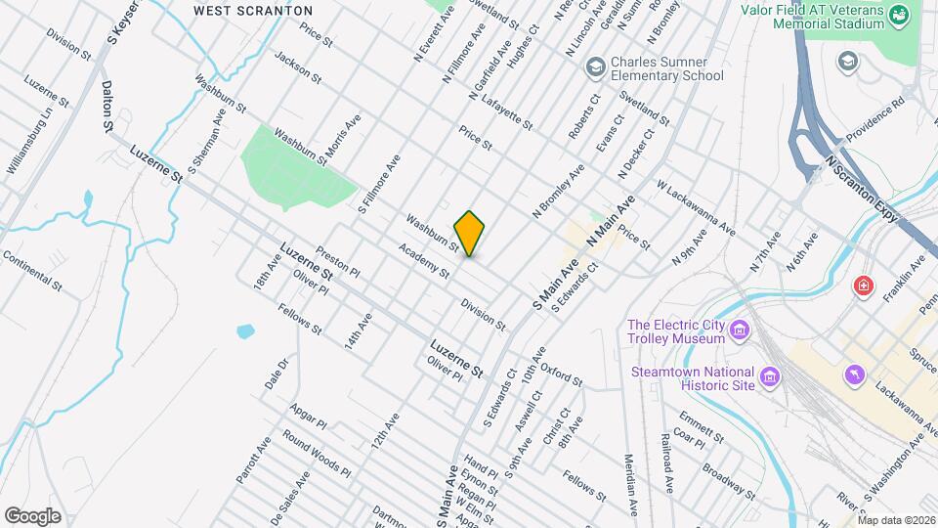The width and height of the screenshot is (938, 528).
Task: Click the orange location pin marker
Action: coord(470,233)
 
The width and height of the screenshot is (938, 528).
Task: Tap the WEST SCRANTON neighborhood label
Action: coord(252,10)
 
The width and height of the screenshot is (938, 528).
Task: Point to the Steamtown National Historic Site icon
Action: coord(770,376)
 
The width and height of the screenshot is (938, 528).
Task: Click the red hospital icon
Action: coord(863,286)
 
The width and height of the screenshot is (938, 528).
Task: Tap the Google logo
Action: coord(32,516)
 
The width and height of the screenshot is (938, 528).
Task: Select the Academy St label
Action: coord(423,260)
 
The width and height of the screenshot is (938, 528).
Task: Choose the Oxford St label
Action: coord(561,373)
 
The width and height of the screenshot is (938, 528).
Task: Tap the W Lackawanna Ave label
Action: coord(696,206)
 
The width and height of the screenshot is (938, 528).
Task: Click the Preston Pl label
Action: coord(338,260)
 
